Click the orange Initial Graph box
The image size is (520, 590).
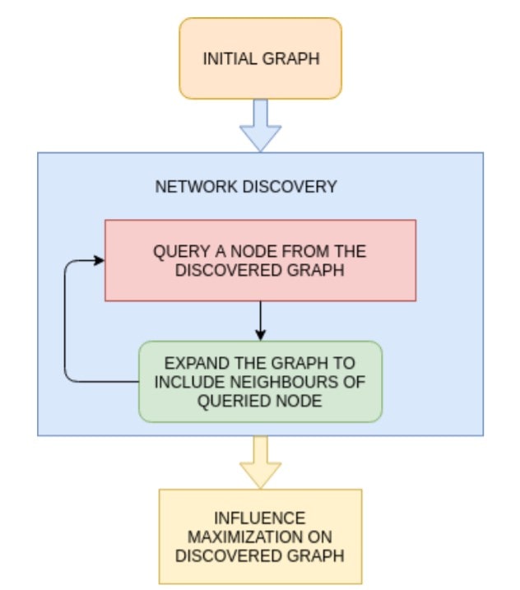coord(260,58)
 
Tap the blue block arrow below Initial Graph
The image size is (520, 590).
coord(260,125)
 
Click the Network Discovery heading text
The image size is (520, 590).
coord(246,187)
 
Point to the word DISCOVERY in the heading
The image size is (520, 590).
coord(290,187)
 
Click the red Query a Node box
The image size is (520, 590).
coord(260,260)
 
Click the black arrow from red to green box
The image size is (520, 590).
coord(260,321)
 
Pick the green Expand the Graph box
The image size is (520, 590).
coord(260,382)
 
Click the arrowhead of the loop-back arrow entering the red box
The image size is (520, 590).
coord(99,260)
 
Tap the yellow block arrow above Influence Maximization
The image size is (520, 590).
coord(260,462)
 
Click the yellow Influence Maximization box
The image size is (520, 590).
coord(260,537)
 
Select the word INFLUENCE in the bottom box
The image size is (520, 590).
coord(260,518)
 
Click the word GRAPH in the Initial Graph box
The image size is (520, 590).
coord(290,58)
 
